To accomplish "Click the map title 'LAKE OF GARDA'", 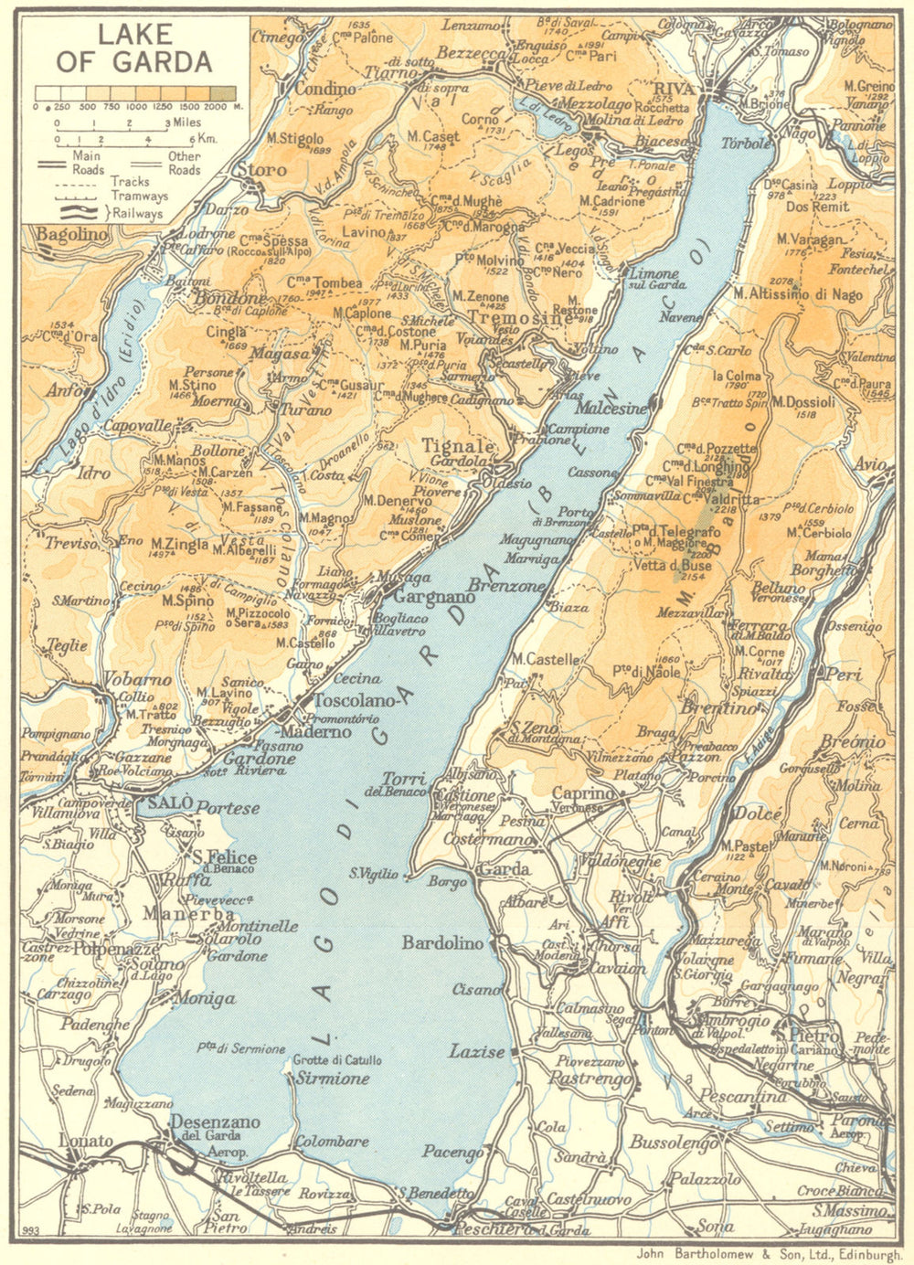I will coord(134,48).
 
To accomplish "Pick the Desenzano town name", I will coord(216,1121).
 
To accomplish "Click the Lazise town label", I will coord(477,1052).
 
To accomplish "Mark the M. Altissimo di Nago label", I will coord(797,294).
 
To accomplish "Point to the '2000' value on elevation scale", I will coord(215,107).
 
